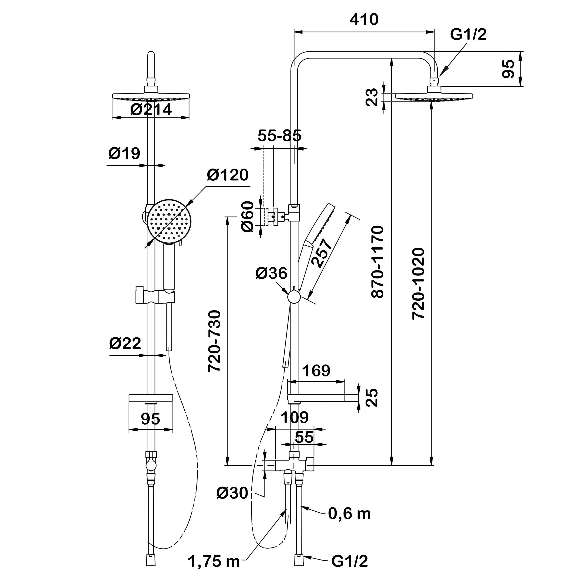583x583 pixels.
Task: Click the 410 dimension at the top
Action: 364,20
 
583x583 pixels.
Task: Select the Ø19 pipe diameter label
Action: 124,154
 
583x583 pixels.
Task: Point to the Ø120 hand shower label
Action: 228,175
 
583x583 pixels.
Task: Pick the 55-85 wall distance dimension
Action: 279,136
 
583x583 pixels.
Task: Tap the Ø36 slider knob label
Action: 271,273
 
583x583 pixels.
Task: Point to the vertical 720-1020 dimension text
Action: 419,284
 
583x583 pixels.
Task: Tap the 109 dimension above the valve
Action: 294,418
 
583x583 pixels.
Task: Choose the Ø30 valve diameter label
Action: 232,493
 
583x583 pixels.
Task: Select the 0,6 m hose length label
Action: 349,514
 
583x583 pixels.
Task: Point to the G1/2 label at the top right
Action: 468,35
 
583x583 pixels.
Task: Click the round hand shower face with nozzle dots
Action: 169,221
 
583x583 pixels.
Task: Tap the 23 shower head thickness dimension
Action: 373,97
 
